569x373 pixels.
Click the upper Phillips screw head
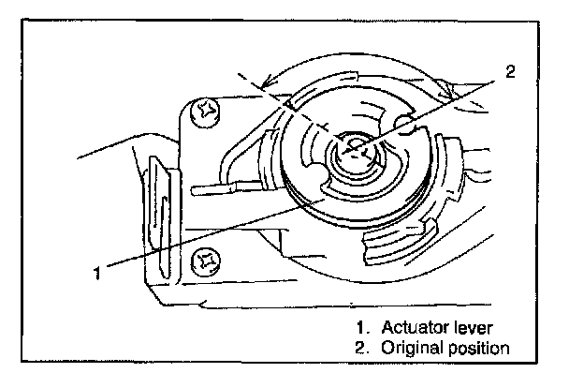[205, 112]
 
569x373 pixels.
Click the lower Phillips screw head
[206, 261]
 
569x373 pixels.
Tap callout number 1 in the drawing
[97, 273]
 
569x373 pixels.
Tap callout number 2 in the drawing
[510, 71]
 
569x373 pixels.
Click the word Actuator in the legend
[416, 328]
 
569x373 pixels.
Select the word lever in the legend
[474, 328]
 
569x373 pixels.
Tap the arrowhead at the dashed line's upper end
[267, 82]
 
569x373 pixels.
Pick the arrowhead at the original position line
[446, 94]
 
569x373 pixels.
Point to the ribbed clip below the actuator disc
[400, 242]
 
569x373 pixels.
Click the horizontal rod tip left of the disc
[214, 189]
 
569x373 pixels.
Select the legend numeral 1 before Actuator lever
[360, 328]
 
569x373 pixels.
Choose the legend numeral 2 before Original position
[360, 348]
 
